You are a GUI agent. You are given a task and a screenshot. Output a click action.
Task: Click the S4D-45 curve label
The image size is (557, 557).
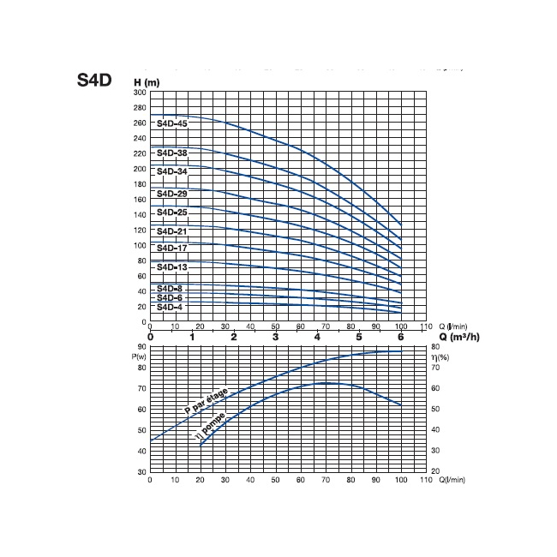pyautogui.click(x=172, y=123)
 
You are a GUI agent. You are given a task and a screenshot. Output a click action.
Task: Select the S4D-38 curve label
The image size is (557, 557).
pyautogui.click(x=172, y=153)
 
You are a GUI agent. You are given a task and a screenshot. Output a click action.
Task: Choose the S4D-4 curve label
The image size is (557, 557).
pyautogui.click(x=170, y=306)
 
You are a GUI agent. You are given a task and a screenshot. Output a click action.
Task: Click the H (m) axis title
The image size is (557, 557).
pyautogui.click(x=147, y=82)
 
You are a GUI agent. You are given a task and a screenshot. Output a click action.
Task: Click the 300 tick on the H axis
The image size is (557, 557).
pyautogui.click(x=140, y=93)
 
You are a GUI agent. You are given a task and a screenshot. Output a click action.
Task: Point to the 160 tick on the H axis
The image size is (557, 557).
pyautogui.click(x=140, y=200)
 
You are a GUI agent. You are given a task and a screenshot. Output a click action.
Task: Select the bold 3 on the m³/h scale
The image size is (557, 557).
pyautogui.click(x=276, y=337)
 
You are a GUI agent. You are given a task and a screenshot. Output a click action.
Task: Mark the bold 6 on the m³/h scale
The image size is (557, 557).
pyautogui.click(x=401, y=337)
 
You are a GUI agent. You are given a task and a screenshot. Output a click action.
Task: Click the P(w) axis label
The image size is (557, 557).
pyautogui.click(x=140, y=356)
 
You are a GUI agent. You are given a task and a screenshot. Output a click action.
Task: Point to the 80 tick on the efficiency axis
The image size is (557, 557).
pyautogui.click(x=434, y=347)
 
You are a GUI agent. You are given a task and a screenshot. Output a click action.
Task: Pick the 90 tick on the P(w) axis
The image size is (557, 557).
pyautogui.click(x=141, y=347)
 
